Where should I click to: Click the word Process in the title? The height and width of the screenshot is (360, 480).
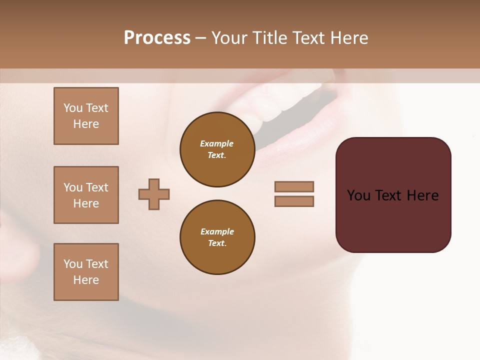tap(157, 38)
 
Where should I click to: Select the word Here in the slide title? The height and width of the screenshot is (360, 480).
tap(348, 38)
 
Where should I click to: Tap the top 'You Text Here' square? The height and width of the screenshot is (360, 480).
tap(86, 116)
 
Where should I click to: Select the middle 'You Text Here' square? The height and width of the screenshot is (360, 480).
tap(86, 195)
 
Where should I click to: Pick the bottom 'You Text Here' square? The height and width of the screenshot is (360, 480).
tap(86, 272)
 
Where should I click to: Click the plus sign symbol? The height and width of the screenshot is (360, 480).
tap(154, 194)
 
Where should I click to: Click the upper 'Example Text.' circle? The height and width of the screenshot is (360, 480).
tap(217, 149)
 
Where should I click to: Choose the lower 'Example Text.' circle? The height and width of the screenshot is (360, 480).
tap(217, 237)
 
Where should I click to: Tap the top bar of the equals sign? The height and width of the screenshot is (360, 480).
tap(294, 186)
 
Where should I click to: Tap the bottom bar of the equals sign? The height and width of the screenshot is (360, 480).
tap(294, 201)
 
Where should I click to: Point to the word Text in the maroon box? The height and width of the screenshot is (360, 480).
tap(389, 195)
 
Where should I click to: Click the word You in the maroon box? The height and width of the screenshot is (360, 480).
tap(358, 195)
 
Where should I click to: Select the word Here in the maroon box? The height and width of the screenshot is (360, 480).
tap(422, 195)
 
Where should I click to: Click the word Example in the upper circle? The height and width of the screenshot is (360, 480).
tap(217, 144)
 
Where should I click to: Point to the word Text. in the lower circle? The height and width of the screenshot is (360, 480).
tap(217, 243)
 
